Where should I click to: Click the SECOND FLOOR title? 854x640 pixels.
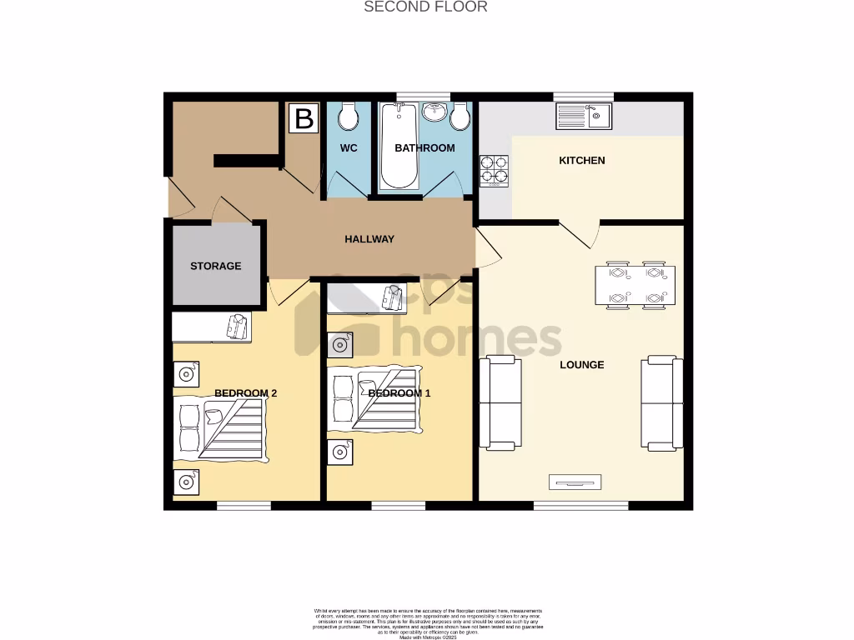[425, 7]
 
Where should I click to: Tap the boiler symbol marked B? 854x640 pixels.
[304, 118]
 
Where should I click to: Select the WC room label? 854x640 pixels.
[349, 148]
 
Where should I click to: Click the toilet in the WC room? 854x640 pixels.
[349, 117]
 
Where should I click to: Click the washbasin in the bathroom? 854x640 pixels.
[435, 112]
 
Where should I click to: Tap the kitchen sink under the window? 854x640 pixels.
[584, 116]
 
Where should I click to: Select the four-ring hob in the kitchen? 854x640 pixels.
[494, 169]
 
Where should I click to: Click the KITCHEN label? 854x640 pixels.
[581, 160]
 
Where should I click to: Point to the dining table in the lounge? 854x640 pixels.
[635, 285]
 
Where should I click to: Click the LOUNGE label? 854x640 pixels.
[581, 364]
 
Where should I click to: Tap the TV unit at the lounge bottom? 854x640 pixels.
[575, 482]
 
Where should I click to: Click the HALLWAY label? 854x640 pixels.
[369, 239]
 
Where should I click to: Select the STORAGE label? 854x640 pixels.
[215, 266]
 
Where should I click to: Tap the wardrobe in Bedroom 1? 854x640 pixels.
[364, 297]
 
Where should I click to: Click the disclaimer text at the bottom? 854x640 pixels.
[427, 623]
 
